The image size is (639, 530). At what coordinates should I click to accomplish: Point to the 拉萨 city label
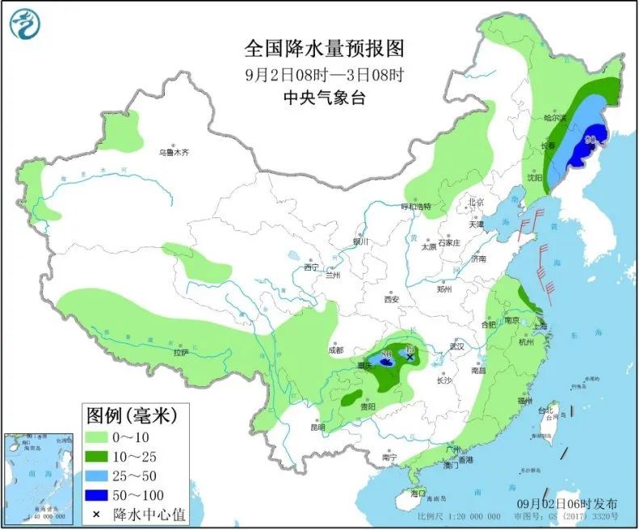coord(179,352)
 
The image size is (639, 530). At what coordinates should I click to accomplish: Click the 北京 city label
coord(476,202)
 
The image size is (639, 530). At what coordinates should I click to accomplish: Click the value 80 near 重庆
coord(386,354)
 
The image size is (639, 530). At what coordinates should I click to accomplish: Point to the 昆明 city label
coord(317,427)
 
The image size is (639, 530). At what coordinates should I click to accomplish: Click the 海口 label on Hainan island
coord(417,493)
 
